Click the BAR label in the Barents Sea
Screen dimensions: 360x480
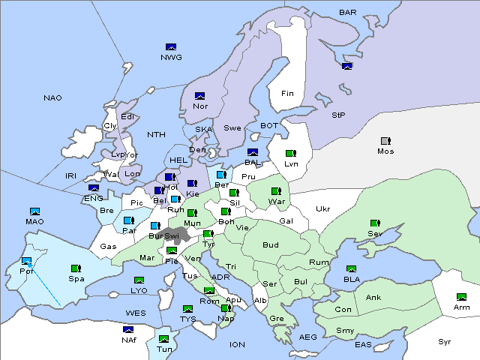pos(348,12)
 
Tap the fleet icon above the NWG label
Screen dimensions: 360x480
pos(170,46)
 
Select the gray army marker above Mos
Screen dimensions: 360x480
pos(385,141)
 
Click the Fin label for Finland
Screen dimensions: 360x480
pos(287,94)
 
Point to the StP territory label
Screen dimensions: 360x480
pos(338,115)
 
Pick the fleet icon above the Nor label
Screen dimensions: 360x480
pos(199,96)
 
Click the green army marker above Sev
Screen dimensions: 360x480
pos(374,223)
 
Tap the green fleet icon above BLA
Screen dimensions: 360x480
pos(351,268)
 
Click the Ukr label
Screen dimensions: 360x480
pos(322,209)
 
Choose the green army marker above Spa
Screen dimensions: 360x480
pos(75,268)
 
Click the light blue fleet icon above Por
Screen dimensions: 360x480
pos(27,261)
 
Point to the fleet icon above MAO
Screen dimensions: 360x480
pos(34,211)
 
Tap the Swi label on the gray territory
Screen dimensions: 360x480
pos(172,235)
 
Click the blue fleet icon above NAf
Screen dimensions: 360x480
pos(129,329)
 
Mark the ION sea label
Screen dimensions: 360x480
pos(237,345)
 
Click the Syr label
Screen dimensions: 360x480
pos(445,341)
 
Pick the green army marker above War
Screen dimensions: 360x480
pos(275,191)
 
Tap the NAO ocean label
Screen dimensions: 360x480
pos(52,98)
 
